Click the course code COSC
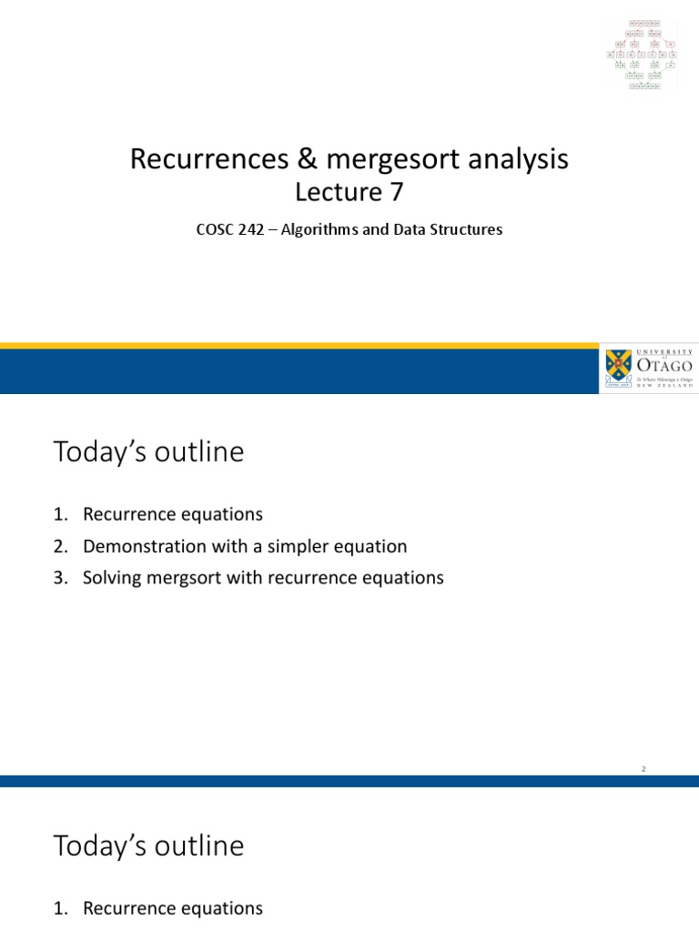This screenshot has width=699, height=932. click(x=215, y=230)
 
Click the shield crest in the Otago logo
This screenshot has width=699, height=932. click(x=616, y=369)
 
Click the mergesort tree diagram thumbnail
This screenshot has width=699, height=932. click(x=644, y=53)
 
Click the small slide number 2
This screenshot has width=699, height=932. click(x=643, y=769)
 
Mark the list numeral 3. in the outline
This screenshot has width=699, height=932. click(x=61, y=578)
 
